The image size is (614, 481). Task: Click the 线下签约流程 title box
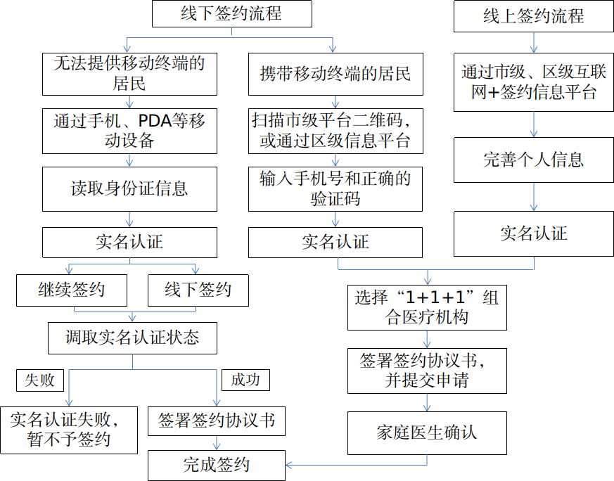pos(232,13)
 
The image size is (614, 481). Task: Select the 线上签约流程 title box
pos(533,16)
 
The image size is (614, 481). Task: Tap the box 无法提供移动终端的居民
pos(129,74)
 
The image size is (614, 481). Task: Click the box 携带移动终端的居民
pos(335,74)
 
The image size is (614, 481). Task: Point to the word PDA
pos(155,121)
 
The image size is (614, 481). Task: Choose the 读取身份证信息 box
pos(129,189)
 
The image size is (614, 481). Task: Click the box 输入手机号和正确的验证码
pos(335,189)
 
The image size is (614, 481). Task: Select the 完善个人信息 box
pos(533,160)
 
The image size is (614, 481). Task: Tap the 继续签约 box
pos(72,290)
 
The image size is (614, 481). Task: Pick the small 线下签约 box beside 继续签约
pos(198,290)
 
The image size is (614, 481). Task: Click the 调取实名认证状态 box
pos(132,338)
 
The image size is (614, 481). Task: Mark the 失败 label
pos(40,380)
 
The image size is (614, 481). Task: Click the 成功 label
pos(245,380)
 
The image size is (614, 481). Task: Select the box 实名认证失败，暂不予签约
pos(69,430)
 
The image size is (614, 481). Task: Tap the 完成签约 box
pos(217,466)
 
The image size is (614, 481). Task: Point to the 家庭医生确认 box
pos(427,433)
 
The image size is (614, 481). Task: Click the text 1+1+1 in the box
pos(435,298)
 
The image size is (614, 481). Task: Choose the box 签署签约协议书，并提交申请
pos(427,371)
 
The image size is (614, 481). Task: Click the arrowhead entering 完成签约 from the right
pos(289,466)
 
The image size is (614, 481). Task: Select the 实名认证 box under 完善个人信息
pos(533,233)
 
